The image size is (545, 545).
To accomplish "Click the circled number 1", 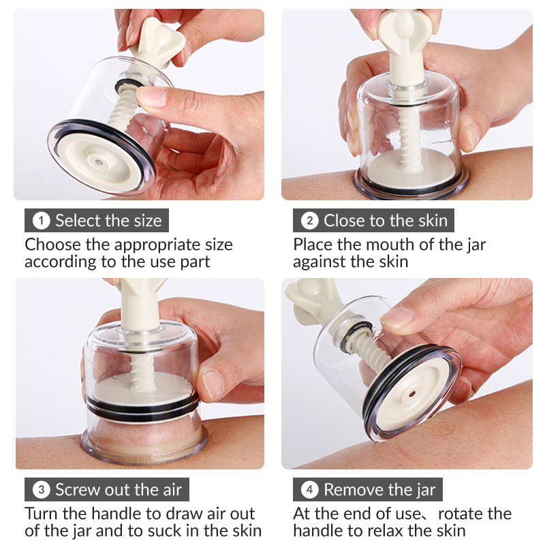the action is [x=41, y=221].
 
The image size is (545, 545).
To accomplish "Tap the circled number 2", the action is [x=309, y=221].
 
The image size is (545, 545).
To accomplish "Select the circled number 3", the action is [x=41, y=490].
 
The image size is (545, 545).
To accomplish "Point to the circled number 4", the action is [x=309, y=490].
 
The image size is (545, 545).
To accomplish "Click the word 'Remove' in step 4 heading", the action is [x=350, y=490].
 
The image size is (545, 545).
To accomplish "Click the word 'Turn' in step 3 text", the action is [x=42, y=514].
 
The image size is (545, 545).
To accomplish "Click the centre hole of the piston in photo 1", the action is [x=98, y=162].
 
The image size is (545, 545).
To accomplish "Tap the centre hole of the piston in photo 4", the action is [x=412, y=394].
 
